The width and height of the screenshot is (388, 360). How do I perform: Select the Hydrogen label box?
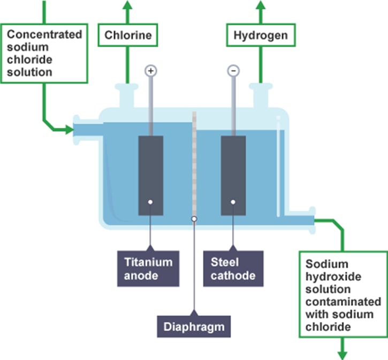[261, 36]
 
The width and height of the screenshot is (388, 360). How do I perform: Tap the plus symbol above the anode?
[151, 70]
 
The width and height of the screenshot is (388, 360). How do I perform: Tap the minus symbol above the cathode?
[233, 70]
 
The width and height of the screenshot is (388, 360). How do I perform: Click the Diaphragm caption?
[194, 325]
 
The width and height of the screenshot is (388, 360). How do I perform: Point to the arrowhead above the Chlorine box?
[128, 5]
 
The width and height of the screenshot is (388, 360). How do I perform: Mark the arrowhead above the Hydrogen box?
[261, 5]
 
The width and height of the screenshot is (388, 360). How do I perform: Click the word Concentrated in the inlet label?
[44, 35]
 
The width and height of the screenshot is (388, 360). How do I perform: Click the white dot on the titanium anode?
[151, 202]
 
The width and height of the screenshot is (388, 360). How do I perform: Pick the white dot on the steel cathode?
[233, 202]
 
